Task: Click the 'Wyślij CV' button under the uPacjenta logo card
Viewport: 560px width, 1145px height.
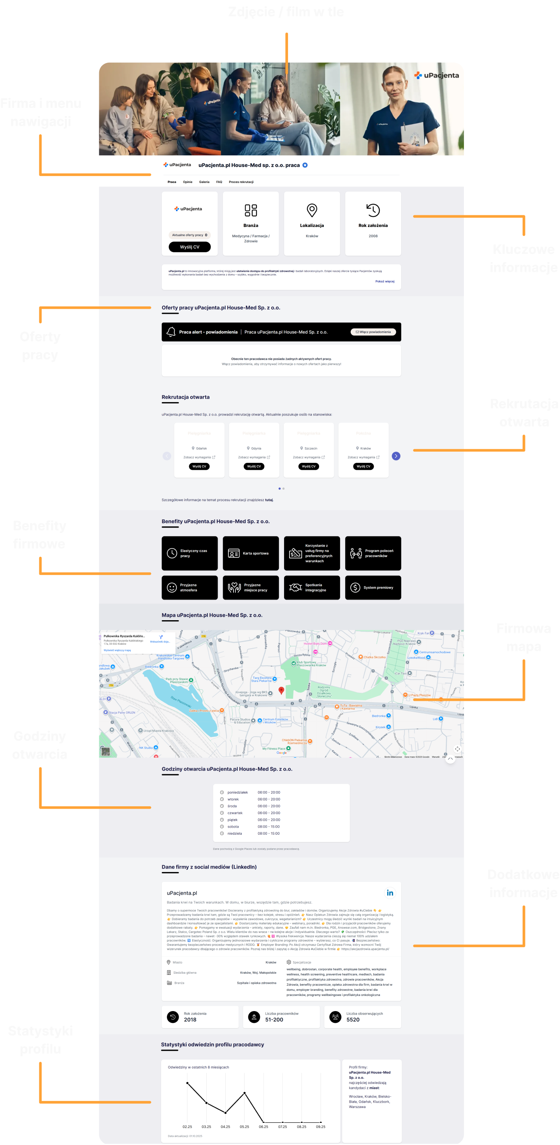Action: [190, 247]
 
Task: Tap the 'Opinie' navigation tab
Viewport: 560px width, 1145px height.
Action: [188, 182]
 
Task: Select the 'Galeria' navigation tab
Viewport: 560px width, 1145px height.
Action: [204, 182]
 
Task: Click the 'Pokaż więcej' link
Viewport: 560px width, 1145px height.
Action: [384, 281]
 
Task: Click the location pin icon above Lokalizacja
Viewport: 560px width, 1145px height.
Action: [312, 210]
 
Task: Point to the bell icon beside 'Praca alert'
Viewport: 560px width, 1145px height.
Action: [171, 332]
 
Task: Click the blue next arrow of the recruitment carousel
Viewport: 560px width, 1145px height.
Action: [396, 456]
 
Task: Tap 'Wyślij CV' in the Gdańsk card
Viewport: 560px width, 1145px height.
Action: [199, 466]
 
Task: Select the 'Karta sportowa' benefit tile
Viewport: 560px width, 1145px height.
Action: [251, 553]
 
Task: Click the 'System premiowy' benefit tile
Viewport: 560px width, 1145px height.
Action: [373, 587]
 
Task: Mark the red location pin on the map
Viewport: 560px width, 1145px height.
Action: [281, 690]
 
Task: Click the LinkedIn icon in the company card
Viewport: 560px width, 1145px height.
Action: [390, 893]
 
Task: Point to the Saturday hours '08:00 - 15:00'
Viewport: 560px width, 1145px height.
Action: [269, 827]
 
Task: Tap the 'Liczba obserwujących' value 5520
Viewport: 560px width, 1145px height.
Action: [353, 1020]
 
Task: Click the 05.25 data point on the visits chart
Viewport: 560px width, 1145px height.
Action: [244, 1093]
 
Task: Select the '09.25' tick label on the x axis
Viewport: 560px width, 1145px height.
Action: [320, 1127]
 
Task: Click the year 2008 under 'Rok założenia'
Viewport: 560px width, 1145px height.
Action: [373, 236]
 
